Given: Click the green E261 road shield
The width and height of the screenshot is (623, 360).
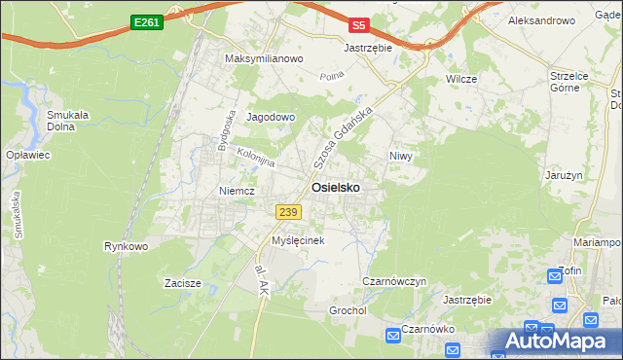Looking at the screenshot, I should (x=146, y=21).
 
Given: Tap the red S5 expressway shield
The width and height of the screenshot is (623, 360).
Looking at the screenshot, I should (x=359, y=26).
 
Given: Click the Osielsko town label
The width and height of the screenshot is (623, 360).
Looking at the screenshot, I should (x=339, y=188).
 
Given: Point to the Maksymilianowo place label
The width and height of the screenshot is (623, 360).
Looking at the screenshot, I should (x=265, y=58).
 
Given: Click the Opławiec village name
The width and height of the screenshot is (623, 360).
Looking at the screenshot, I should (x=27, y=155).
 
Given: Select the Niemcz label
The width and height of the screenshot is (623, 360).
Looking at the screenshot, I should (x=237, y=191).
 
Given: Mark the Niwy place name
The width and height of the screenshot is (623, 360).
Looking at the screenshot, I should (x=401, y=156).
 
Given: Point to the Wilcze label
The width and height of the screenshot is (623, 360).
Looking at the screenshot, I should (x=459, y=77).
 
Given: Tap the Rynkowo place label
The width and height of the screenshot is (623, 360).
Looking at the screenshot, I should (x=126, y=246).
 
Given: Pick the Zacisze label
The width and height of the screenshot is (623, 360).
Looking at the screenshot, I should (x=182, y=283).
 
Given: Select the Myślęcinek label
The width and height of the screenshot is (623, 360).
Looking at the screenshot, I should (x=297, y=239).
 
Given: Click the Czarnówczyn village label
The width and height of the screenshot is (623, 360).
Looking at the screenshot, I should (x=394, y=281).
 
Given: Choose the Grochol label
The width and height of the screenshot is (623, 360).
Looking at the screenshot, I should (x=348, y=310).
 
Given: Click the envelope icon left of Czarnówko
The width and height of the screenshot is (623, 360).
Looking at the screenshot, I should (x=391, y=336).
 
